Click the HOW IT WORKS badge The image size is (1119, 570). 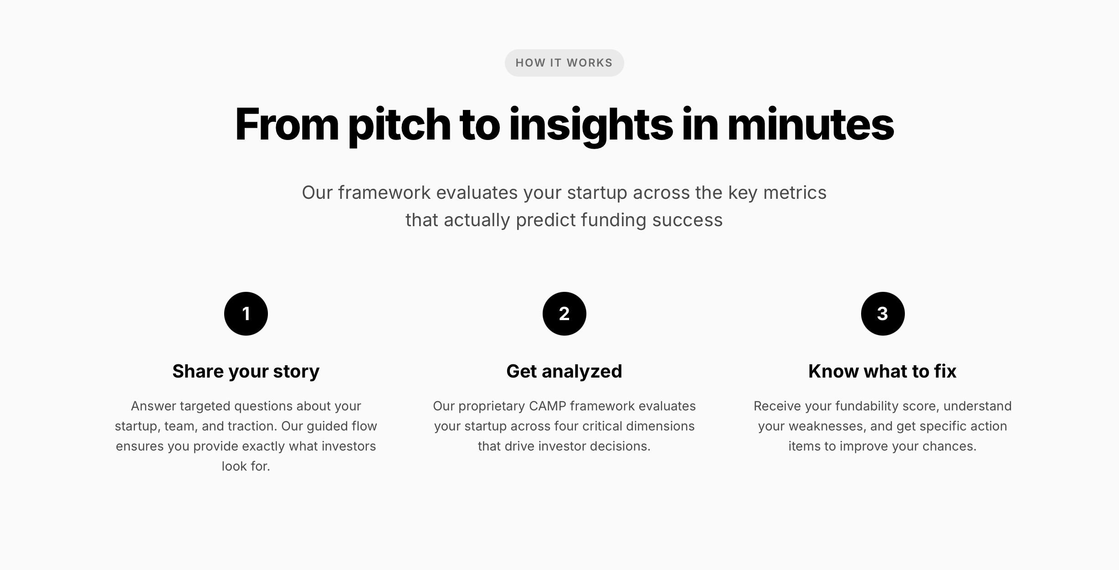coord(564,63)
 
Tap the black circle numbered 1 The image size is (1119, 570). coord(246,314)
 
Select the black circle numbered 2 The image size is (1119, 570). coord(564,314)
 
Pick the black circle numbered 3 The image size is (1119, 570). coord(883,314)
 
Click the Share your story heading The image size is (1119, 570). coord(246,372)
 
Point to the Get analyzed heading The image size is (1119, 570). coord(564,372)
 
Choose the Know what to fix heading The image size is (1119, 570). coord(883,371)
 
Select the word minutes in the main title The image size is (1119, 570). coord(811,124)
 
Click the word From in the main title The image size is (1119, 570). coord(287,124)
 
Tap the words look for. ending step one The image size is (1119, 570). coord(246,466)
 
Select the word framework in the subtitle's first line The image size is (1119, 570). coord(384,193)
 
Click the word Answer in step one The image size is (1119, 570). coord(154,406)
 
